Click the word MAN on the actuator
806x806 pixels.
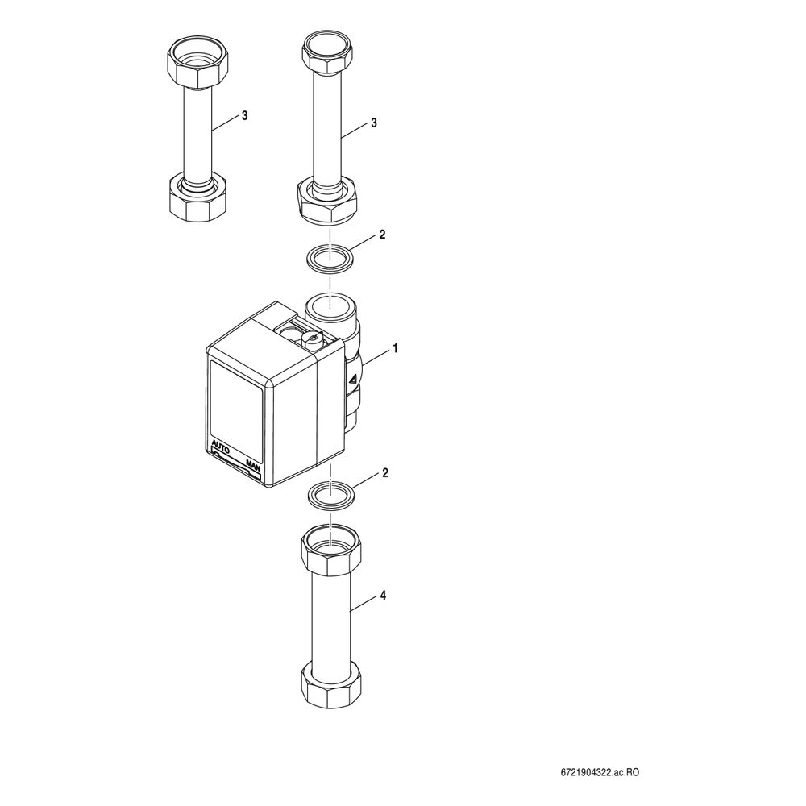click(x=253, y=465)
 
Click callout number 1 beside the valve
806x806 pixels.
click(x=395, y=348)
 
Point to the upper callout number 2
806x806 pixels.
click(x=382, y=235)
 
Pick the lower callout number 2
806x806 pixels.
click(x=385, y=473)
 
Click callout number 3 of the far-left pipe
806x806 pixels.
click(x=245, y=116)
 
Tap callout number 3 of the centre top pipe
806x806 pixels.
click(x=374, y=123)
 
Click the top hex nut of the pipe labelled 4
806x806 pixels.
click(x=330, y=555)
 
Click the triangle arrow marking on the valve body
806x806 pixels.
click(x=353, y=380)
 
